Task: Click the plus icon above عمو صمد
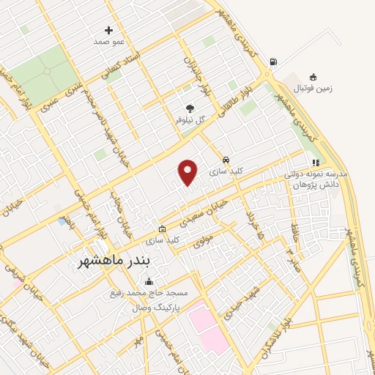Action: coord(109,30)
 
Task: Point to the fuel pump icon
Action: coord(273,62)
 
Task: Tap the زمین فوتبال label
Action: coord(313,89)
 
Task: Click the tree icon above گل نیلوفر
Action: coord(190,108)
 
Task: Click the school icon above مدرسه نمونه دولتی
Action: coord(316,163)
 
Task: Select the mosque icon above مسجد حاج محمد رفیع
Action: coord(149,282)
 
